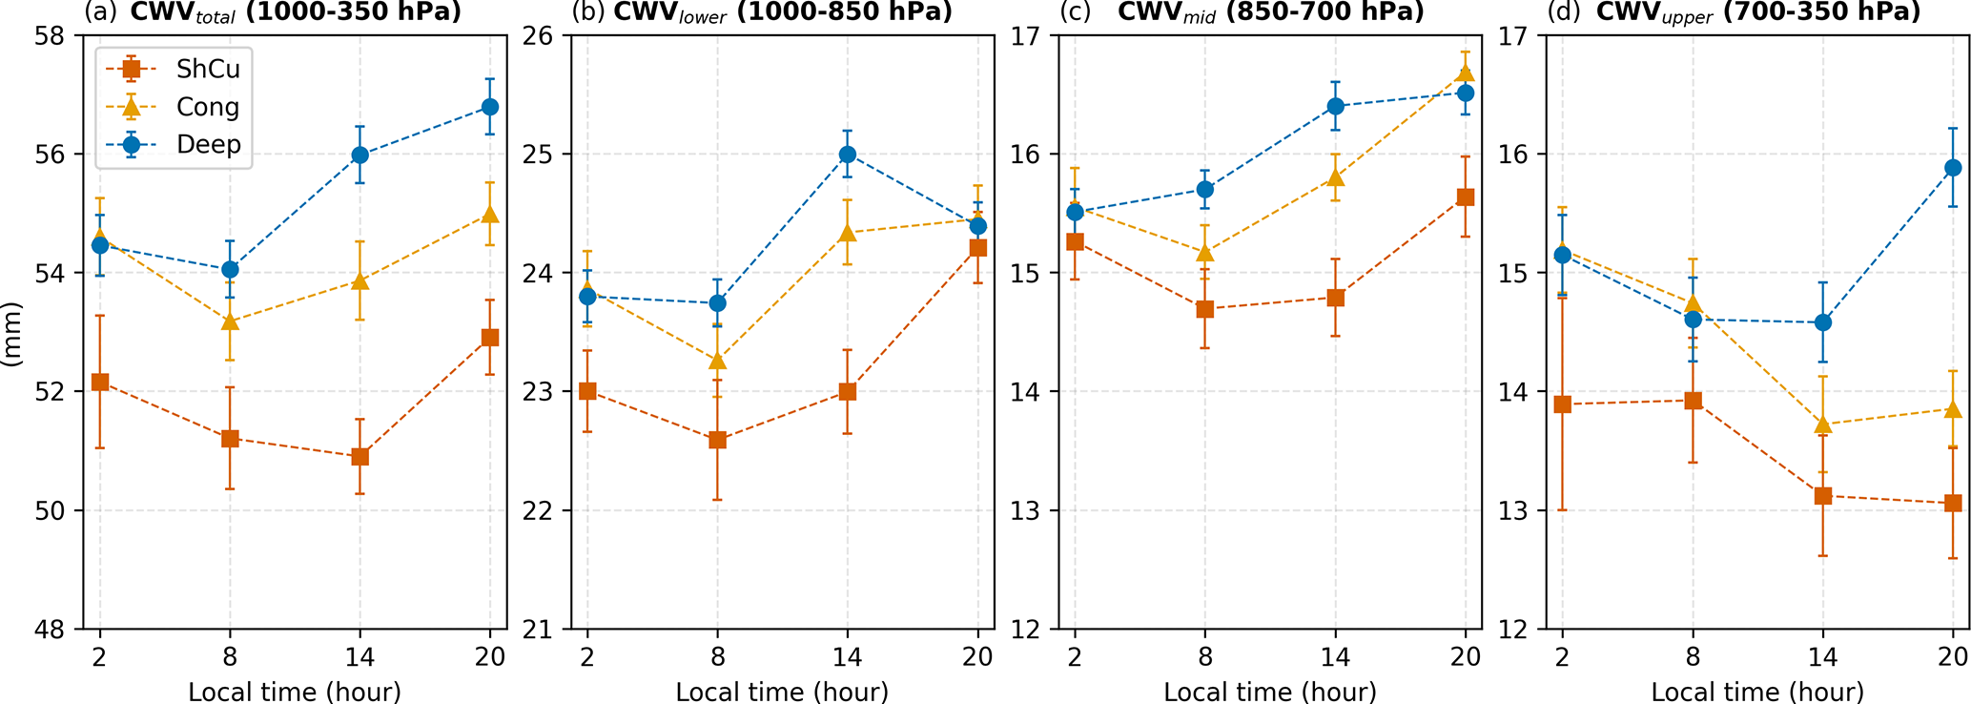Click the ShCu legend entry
click(208, 69)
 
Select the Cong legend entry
click(208, 107)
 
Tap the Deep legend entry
click(208, 145)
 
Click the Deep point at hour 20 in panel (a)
click(489, 107)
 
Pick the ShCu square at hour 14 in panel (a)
click(359, 457)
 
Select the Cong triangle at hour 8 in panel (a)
click(230, 321)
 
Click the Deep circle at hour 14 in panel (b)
click(847, 155)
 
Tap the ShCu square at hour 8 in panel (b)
click(717, 440)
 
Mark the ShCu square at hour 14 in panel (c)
click(1335, 298)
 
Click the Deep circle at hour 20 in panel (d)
click(1952, 168)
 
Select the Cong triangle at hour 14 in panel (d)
click(1822, 424)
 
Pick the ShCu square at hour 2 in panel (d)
click(1562, 404)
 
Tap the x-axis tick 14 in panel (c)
click(1335, 656)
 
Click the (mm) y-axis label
click(13, 334)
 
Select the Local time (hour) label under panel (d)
click(1756, 692)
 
